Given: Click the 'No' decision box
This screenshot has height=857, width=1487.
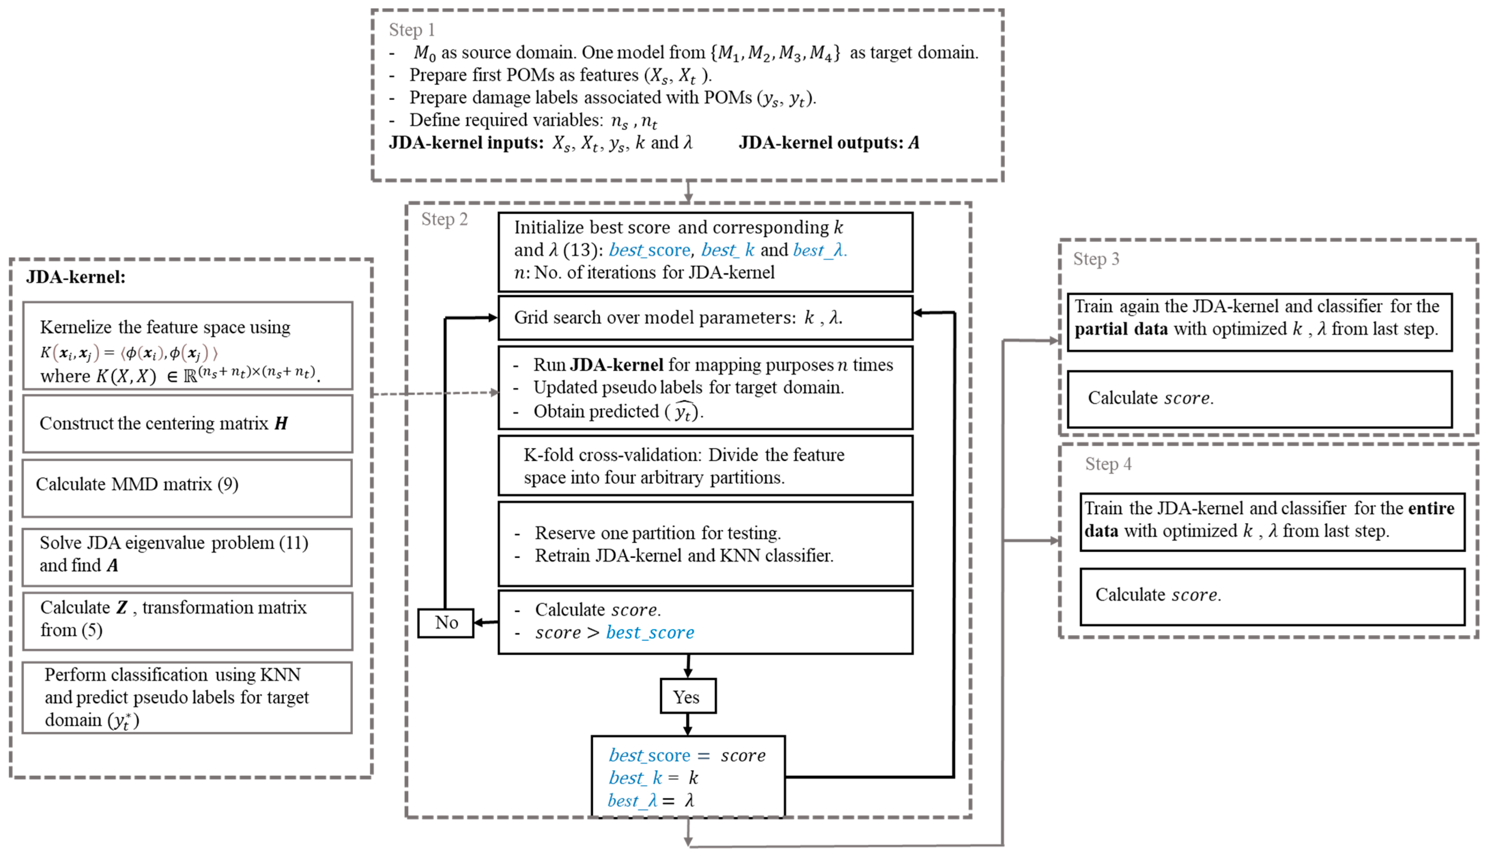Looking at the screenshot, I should click(x=446, y=623).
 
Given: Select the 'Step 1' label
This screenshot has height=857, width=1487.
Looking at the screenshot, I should click(x=412, y=29).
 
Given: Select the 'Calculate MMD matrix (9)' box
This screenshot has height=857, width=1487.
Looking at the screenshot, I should click(x=187, y=488).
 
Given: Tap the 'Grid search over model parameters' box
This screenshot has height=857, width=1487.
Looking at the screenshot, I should click(x=705, y=318).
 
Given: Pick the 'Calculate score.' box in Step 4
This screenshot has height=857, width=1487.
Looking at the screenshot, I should click(x=1272, y=596).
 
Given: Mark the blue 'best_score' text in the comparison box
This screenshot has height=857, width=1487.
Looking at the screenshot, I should click(x=649, y=633).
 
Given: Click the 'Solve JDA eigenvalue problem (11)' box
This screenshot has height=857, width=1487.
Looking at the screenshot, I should click(x=187, y=556).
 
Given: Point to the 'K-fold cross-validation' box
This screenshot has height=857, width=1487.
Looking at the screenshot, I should click(x=705, y=466).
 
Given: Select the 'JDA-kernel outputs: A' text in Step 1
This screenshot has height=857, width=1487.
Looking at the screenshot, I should click(x=828, y=143).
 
